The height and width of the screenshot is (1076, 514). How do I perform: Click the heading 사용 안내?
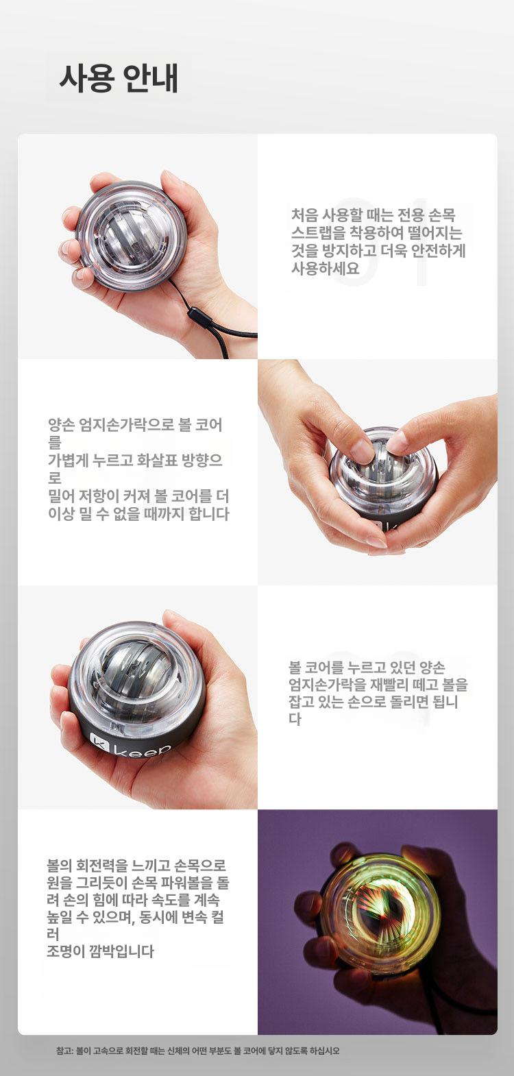119,77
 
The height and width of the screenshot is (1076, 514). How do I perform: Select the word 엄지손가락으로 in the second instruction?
126,425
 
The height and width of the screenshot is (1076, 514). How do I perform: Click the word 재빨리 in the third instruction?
381,684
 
